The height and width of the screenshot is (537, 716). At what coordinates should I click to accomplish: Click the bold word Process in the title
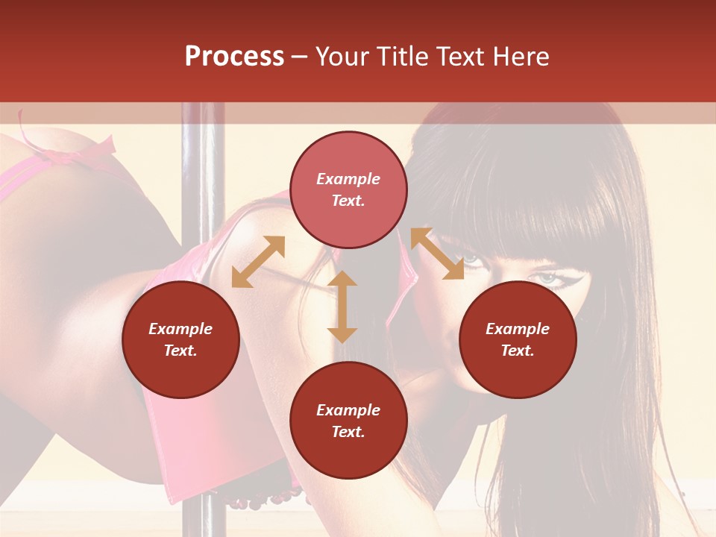[234, 57]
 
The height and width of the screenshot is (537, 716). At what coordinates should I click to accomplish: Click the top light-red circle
[348, 190]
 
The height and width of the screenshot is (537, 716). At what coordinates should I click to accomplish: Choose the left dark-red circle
[180, 340]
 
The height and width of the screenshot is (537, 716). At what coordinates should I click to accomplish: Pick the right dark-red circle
[518, 340]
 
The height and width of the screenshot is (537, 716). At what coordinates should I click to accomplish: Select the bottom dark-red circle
[348, 421]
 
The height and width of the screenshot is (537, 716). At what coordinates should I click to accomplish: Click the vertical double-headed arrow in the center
[342, 307]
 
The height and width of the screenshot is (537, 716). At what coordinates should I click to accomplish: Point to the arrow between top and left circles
[258, 262]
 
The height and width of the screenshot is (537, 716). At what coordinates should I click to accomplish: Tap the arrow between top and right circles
[436, 254]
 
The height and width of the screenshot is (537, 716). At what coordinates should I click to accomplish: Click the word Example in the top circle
[348, 179]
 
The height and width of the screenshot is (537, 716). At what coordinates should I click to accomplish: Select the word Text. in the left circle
[180, 351]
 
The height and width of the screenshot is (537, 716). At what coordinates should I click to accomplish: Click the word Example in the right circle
[518, 329]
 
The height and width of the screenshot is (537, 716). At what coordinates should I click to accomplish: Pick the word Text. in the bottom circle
[348, 433]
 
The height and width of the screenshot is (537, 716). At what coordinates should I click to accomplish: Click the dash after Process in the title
[300, 57]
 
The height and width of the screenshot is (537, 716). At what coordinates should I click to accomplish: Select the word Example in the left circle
[180, 329]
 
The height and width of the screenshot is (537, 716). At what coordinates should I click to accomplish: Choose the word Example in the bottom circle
[348, 410]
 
